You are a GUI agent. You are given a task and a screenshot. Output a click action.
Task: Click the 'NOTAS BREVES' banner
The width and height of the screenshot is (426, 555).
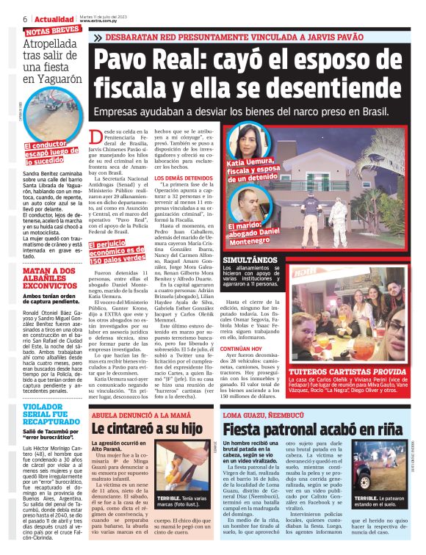tap(52, 30)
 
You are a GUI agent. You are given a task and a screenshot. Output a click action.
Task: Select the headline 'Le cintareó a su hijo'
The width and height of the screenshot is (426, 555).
tap(146, 428)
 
